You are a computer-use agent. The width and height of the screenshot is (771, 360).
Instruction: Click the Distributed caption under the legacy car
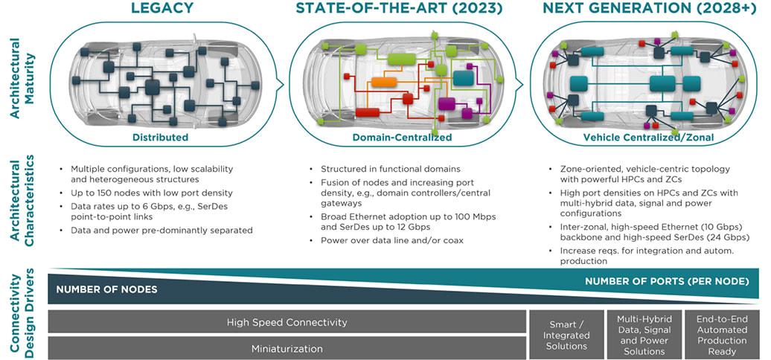pos(160,138)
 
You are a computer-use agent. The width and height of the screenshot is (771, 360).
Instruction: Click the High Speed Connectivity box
pos(287,322)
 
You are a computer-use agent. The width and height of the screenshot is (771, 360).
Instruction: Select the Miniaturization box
pos(287,347)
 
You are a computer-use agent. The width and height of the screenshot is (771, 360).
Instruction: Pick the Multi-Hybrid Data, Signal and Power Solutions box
pos(644,335)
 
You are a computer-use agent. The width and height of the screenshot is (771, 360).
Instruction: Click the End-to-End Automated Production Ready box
pos(722,335)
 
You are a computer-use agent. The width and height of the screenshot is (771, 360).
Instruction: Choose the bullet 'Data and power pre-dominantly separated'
pos(161,230)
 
